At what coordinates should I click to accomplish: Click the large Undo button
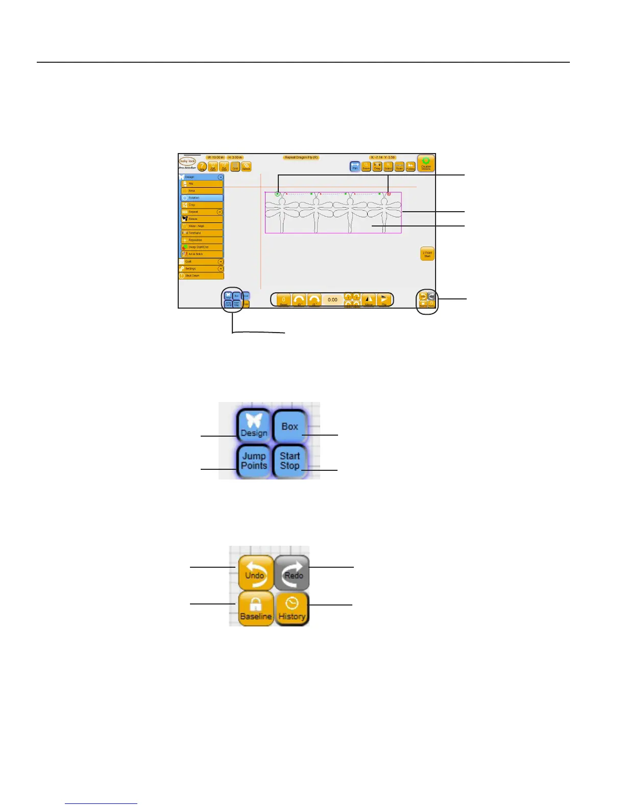coord(255,572)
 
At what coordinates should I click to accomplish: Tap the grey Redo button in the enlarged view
coord(292,572)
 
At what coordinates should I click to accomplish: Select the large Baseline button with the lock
coord(255,609)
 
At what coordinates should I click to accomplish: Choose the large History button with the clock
coord(292,609)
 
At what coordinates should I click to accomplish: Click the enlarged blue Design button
coord(254,426)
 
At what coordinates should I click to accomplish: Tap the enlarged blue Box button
coord(290,426)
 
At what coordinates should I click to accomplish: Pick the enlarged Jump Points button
coord(254,461)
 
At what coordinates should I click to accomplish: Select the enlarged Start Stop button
coord(290,461)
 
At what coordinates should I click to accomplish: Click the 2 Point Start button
coord(427,254)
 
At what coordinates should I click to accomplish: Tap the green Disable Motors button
coord(426,163)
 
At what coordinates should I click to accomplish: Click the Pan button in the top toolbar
coord(355,166)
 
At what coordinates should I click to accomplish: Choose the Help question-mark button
coord(202,167)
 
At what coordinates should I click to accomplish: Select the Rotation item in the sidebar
coord(202,197)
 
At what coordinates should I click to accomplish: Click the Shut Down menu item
coord(201,275)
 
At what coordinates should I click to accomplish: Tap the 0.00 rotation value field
coord(332,299)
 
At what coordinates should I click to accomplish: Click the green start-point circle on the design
coord(277,194)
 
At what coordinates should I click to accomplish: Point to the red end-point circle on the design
coord(389,194)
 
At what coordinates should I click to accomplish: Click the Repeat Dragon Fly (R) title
coord(301,158)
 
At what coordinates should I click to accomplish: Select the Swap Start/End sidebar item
coord(202,247)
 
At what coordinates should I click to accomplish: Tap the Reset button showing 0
coord(283,300)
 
